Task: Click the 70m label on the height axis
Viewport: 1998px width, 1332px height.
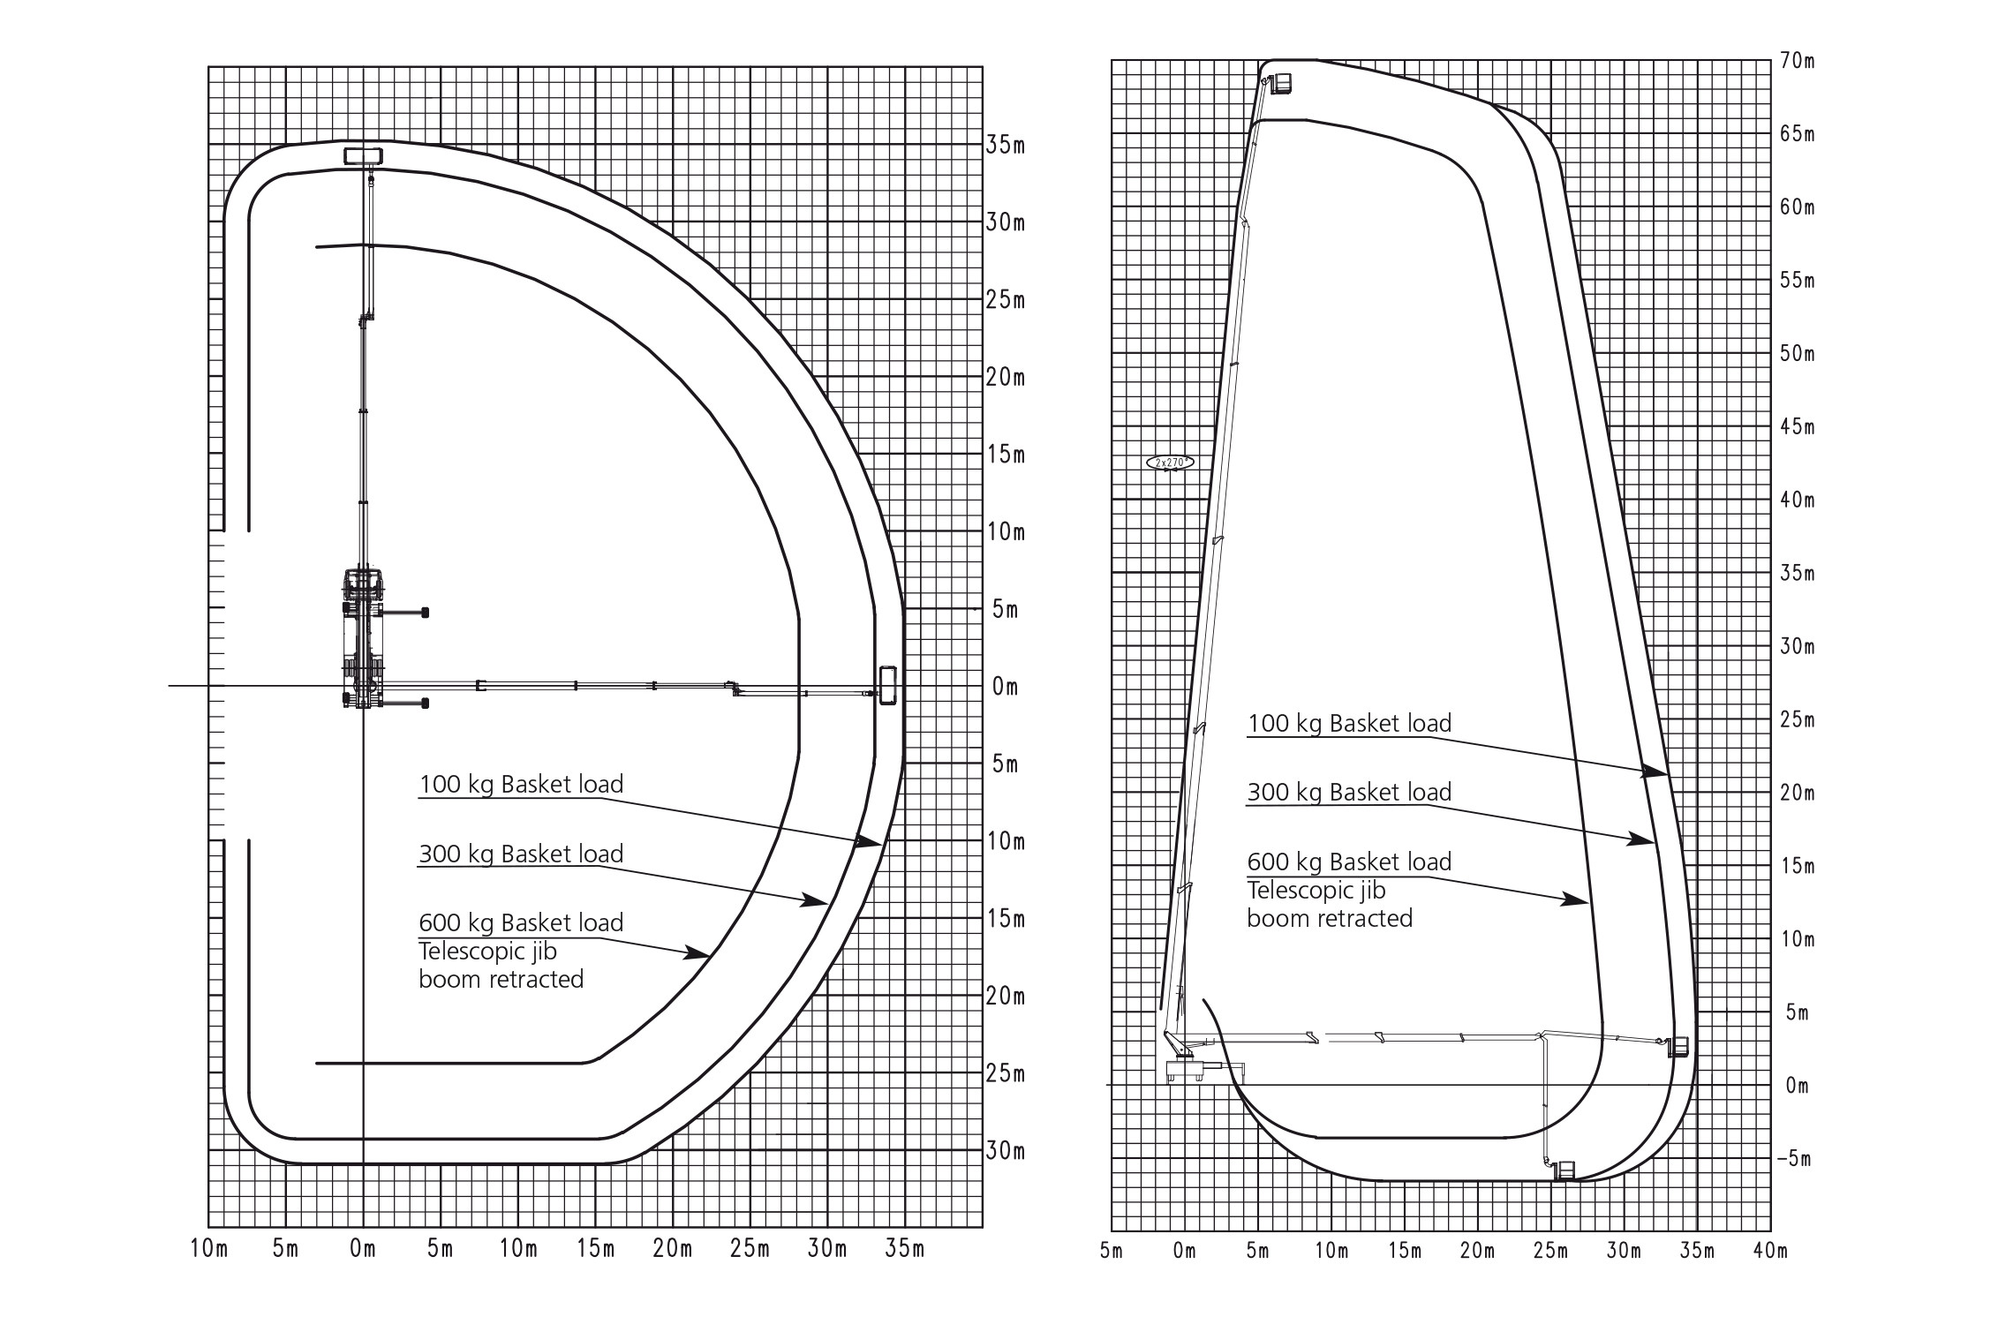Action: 1797,62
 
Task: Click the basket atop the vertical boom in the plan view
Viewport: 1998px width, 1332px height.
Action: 364,156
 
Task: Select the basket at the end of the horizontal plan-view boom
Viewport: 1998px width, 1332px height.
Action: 887,686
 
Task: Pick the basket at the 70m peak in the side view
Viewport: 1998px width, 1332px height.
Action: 1282,83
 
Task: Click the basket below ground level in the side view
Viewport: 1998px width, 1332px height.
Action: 1565,1170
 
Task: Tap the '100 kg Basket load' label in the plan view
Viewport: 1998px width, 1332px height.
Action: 521,784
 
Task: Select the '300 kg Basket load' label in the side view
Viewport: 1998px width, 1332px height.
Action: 1349,792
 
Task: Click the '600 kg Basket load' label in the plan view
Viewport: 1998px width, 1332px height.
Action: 521,922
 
